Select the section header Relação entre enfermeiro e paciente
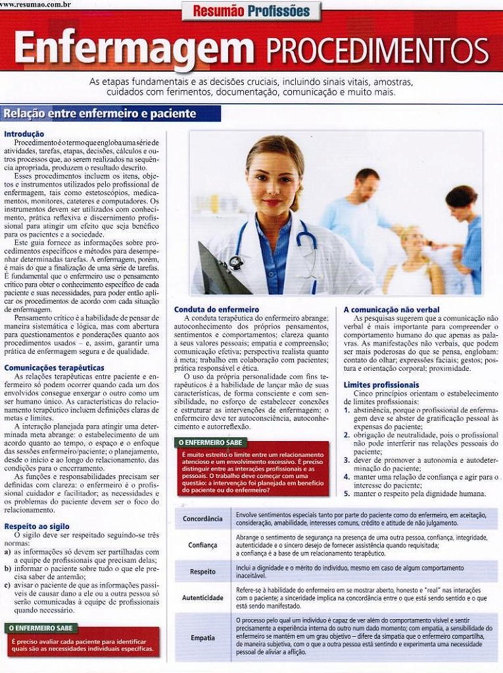pos(99,114)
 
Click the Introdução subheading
pos(24,134)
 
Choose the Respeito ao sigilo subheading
pos(36,526)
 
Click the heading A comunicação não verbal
pos(391,309)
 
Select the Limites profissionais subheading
pos(381,384)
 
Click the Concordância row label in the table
pos(203,519)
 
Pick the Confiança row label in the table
pos(203,545)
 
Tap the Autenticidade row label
pos(203,598)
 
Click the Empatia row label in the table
pos(203,638)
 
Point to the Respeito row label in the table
pos(203,571)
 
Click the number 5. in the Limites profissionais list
pos(347,494)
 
